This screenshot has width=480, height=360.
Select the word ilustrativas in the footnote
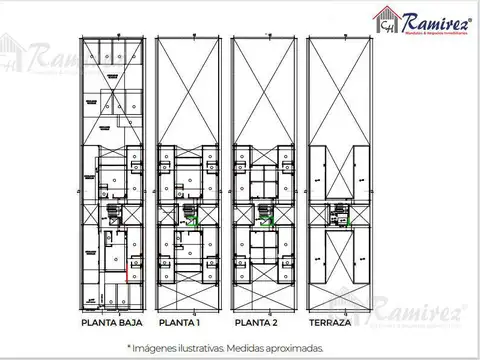[210, 347]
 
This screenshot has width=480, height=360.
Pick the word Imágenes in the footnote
[157, 347]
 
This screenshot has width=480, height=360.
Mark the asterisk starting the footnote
[129, 346]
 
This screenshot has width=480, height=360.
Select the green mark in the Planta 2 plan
[273, 220]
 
